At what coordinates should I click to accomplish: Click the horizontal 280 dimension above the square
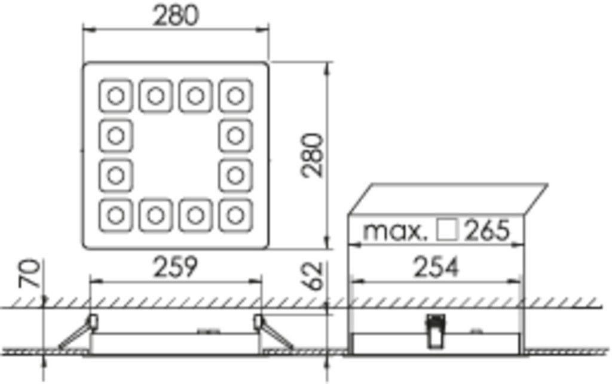click(175, 16)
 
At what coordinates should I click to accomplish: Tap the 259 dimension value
click(175, 267)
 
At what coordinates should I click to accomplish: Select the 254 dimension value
click(437, 267)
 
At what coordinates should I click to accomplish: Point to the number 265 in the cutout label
click(488, 231)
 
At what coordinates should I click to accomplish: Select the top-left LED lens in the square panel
click(116, 95)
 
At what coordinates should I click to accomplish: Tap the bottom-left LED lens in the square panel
click(116, 213)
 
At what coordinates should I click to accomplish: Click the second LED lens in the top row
click(156, 95)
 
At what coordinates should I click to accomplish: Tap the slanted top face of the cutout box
click(448, 198)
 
